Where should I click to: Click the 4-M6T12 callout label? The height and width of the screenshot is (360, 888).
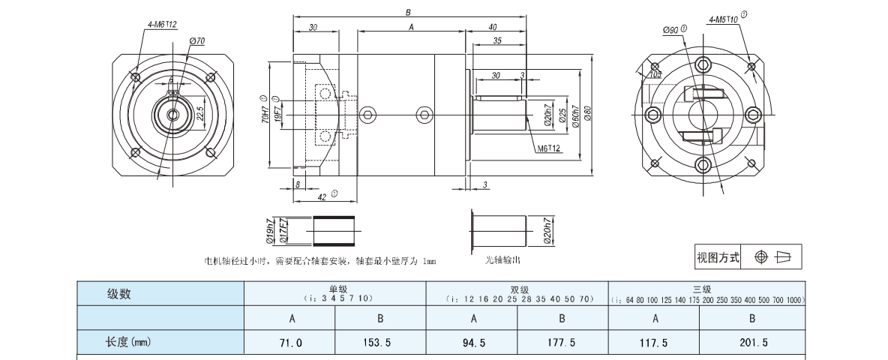pyautogui.click(x=161, y=25)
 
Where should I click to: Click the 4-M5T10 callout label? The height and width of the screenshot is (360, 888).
pyautogui.click(x=724, y=19)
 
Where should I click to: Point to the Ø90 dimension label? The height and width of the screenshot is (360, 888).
pyautogui.click(x=670, y=31)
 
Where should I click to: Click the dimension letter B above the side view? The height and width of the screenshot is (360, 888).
pyautogui.click(x=408, y=12)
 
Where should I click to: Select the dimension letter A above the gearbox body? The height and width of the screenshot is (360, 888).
pyautogui.click(x=411, y=27)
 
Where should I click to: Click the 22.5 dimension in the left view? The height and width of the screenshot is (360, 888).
pyautogui.click(x=200, y=113)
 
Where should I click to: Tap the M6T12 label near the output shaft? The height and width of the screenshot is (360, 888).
pyautogui.click(x=548, y=148)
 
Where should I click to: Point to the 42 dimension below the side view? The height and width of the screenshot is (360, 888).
pyautogui.click(x=320, y=196)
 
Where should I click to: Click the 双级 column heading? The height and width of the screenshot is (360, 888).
pyautogui.click(x=516, y=288)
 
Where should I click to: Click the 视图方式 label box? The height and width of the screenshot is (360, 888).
pyautogui.click(x=718, y=258)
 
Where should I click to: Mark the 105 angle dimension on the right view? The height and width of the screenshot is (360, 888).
pyautogui.click(x=655, y=74)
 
